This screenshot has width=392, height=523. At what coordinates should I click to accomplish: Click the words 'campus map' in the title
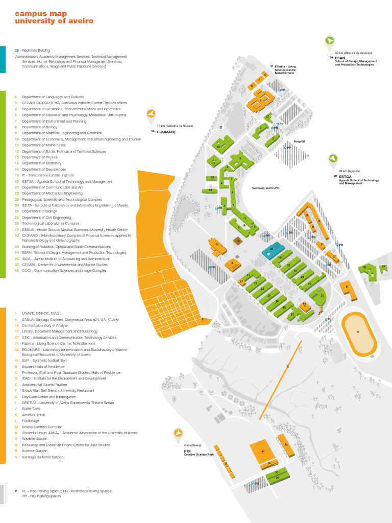35,14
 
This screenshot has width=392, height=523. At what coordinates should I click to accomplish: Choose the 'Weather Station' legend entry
35,439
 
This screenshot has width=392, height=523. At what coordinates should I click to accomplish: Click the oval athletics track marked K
359,332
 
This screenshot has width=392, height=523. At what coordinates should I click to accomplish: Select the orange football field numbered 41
262,451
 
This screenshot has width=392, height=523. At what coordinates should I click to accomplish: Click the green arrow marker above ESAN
330,41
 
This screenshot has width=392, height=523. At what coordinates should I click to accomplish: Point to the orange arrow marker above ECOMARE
151,114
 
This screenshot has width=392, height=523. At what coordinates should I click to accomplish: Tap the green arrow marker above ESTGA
333,159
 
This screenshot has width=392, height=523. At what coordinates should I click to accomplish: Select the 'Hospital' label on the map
299,141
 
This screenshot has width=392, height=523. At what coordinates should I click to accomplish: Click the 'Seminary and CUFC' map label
265,188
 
